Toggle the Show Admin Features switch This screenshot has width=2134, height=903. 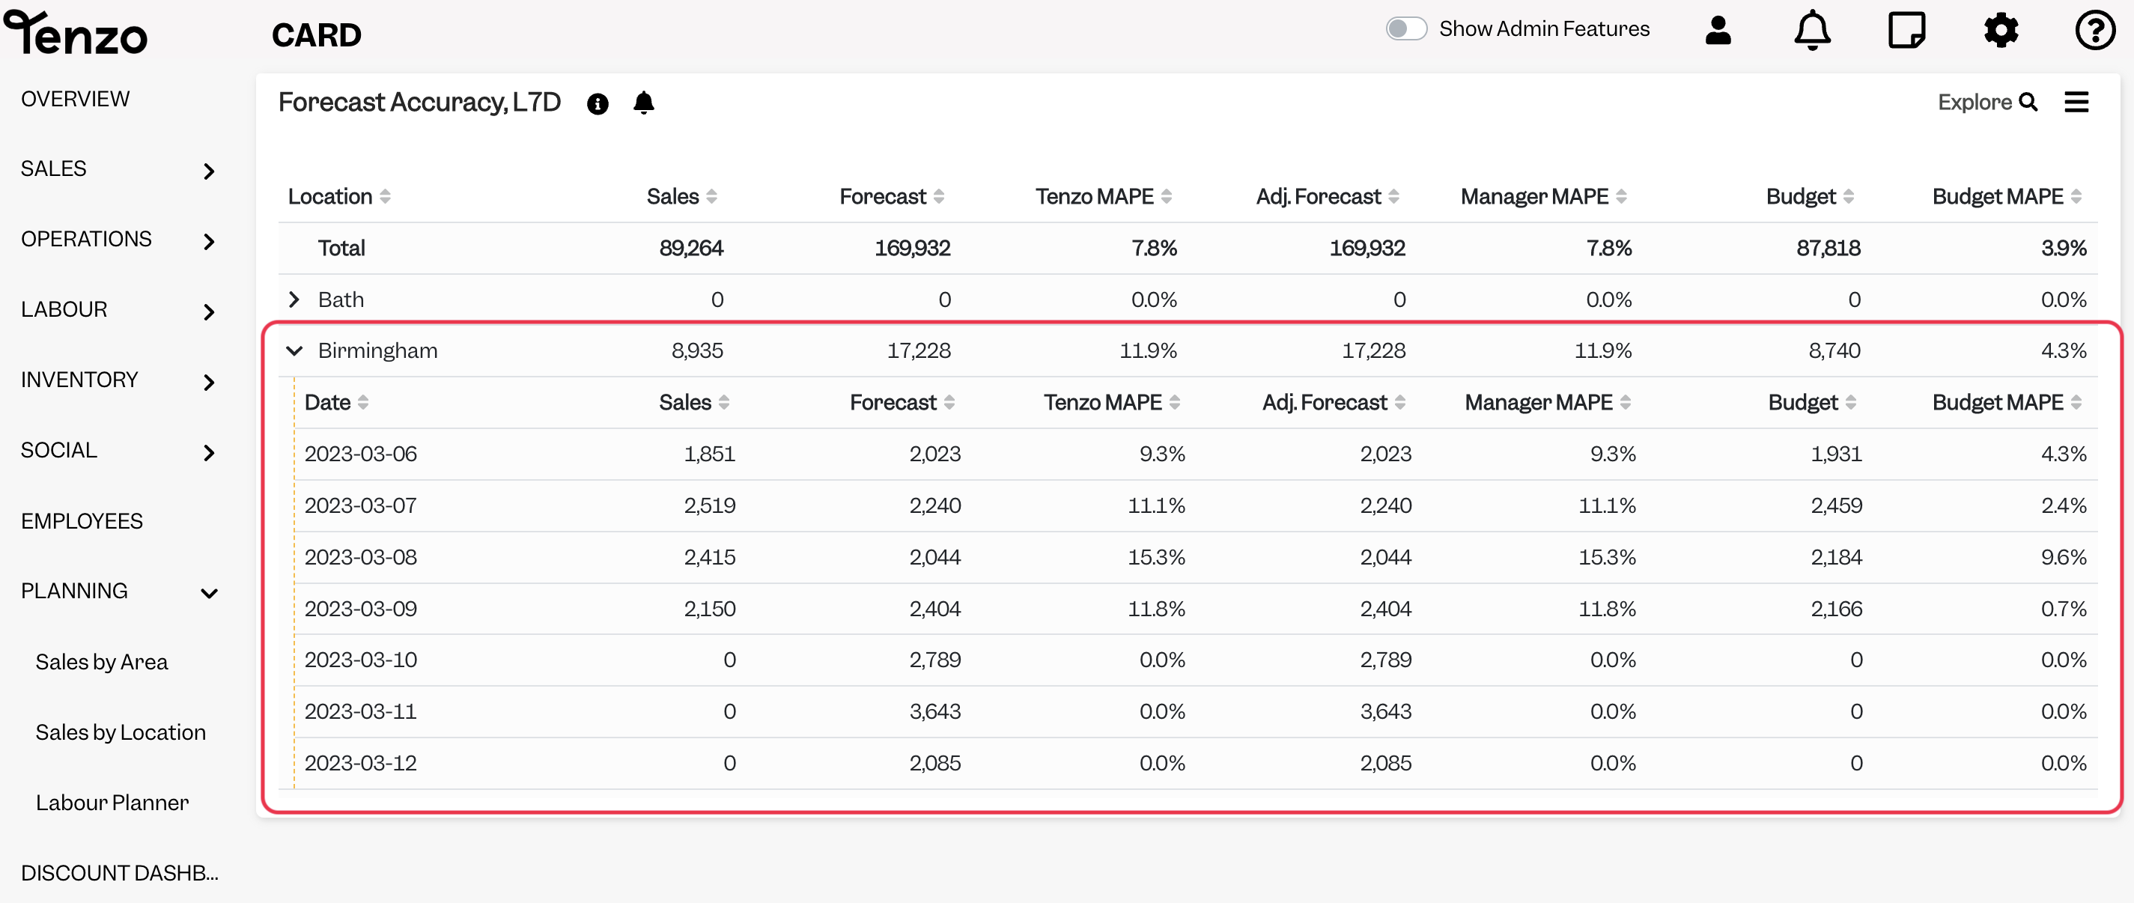pyautogui.click(x=1406, y=29)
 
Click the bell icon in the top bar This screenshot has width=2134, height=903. pyautogui.click(x=1812, y=31)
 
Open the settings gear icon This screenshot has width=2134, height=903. pyautogui.click(x=2001, y=31)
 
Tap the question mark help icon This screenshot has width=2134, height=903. pyautogui.click(x=2095, y=31)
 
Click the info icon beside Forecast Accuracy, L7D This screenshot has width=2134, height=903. pyautogui.click(x=598, y=103)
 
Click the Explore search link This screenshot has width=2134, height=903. pyautogui.click(x=1987, y=102)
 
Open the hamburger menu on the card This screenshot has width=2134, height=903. pyautogui.click(x=2076, y=102)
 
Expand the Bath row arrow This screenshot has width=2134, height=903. pyautogui.click(x=294, y=299)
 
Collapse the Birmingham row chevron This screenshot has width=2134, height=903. pyautogui.click(x=294, y=350)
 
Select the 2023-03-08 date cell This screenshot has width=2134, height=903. pyautogui.click(x=360, y=557)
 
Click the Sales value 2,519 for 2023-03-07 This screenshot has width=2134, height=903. pyautogui.click(x=709, y=505)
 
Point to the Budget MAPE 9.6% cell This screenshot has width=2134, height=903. pyautogui.click(x=2063, y=557)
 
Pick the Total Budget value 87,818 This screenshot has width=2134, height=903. pyautogui.click(x=1829, y=248)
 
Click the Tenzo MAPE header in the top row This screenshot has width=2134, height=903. pyautogui.click(x=1095, y=196)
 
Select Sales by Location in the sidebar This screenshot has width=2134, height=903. pyautogui.click(x=120, y=732)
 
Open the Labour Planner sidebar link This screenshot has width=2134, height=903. pyautogui.click(x=112, y=803)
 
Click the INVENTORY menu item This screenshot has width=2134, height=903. pyautogui.click(x=79, y=380)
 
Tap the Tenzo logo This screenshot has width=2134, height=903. pyautogui.click(x=76, y=33)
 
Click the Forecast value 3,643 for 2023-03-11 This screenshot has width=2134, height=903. pyautogui.click(x=934, y=711)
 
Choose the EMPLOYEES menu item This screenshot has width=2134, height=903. pyautogui.click(x=82, y=521)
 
